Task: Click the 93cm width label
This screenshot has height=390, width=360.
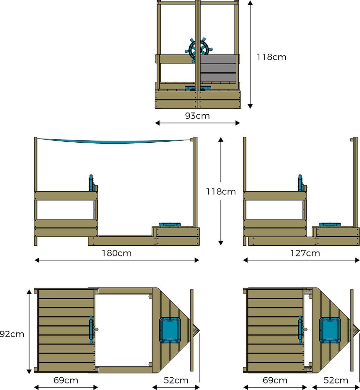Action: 197,116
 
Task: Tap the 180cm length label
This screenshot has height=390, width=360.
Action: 117,253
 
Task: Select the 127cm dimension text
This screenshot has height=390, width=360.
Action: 305,253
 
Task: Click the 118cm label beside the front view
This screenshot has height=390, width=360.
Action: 271,57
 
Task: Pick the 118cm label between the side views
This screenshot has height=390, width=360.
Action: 221,192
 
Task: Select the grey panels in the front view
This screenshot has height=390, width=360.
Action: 218,68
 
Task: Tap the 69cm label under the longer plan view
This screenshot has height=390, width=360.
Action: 66,380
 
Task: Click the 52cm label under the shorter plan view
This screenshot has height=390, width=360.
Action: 336,380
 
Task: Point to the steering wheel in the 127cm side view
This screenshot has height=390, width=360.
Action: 301,184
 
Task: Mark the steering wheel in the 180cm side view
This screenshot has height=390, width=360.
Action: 92,184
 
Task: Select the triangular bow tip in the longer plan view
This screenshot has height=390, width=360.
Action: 195,330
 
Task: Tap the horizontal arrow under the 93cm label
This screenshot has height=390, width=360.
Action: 197,123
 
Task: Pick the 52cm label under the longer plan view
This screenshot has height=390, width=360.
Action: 176,380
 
